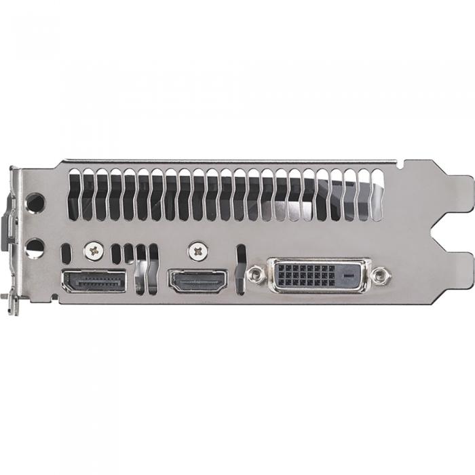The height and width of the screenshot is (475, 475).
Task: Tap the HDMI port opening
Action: tap(197, 281)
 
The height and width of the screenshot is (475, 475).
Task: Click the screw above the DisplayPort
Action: tap(92, 251)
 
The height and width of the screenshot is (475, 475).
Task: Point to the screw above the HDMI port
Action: tap(197, 251)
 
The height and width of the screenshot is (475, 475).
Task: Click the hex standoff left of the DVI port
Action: tap(256, 275)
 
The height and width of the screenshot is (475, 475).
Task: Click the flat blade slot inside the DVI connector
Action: tap(348, 275)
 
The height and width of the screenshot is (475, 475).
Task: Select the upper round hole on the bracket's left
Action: tap(35, 202)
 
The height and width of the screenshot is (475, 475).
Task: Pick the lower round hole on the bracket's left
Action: tap(35, 246)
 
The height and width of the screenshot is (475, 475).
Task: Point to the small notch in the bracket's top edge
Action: tap(401, 163)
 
